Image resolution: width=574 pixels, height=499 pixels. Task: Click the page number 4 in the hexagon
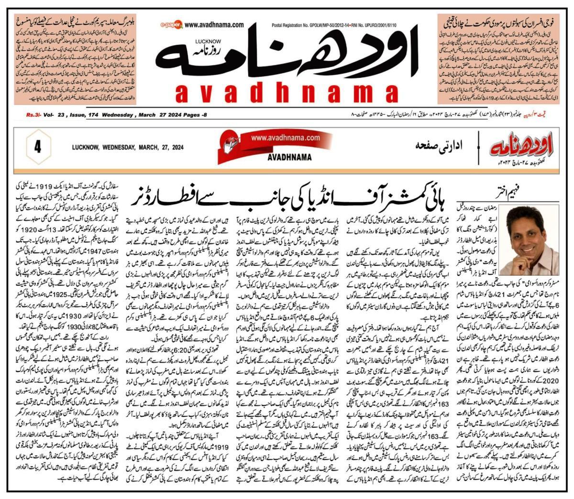pos(36,147)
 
